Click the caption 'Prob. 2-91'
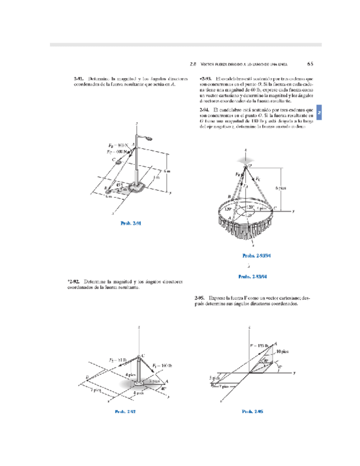point(131,223)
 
